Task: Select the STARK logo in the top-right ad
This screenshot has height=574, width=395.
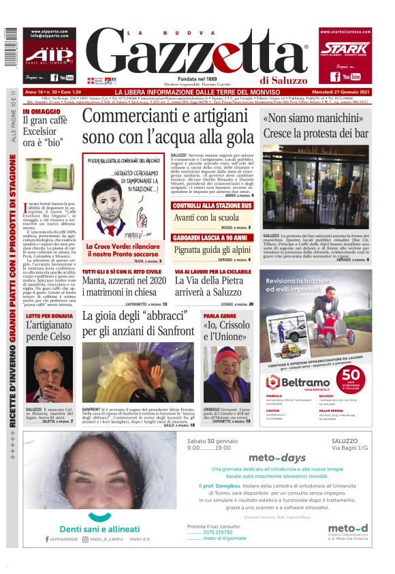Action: [343, 48]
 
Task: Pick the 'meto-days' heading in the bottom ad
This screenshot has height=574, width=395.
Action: [277, 458]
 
